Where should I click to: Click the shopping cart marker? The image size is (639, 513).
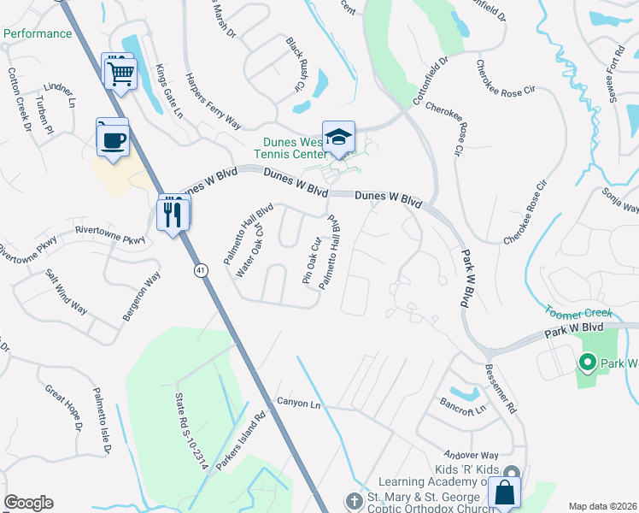(x=120, y=72)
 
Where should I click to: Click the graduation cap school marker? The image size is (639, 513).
(x=339, y=139)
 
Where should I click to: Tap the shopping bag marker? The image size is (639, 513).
(x=504, y=493)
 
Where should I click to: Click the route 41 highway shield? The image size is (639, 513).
(x=200, y=270)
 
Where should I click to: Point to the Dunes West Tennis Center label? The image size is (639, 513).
(x=290, y=148)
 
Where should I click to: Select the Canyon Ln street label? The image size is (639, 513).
(x=297, y=403)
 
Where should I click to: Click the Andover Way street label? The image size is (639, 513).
(x=471, y=456)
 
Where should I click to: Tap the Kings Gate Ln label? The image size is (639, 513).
(x=169, y=91)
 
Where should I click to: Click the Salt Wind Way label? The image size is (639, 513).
(x=66, y=292)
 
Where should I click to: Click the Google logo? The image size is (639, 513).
(x=28, y=503)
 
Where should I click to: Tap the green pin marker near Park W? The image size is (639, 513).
(x=587, y=363)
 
